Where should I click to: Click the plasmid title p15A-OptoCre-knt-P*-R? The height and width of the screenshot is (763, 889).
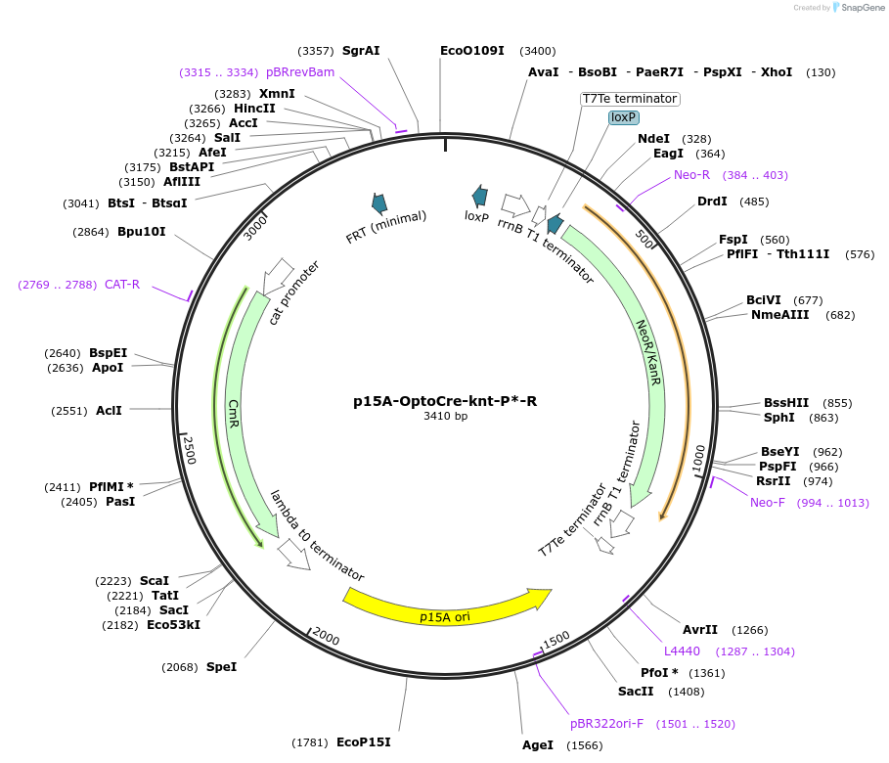pyautogui.click(x=445, y=401)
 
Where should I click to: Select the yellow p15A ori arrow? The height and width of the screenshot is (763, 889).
pyautogui.click(x=446, y=606)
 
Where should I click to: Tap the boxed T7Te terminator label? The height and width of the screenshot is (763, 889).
pyautogui.click(x=630, y=99)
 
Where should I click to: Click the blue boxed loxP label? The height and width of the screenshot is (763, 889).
pyautogui.click(x=623, y=117)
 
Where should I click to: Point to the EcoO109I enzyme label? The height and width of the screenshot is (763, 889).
pyautogui.click(x=472, y=51)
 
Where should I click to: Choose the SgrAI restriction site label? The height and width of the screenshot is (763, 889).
pyautogui.click(x=361, y=51)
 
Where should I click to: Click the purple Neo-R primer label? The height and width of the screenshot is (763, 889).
pyautogui.click(x=691, y=175)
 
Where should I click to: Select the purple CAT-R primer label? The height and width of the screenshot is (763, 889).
pyautogui.click(x=122, y=285)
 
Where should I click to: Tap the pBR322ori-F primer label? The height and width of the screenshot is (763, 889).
pyautogui.click(x=607, y=724)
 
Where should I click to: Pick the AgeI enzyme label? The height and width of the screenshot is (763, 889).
pyautogui.click(x=538, y=745)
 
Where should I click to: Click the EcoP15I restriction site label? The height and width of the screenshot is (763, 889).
pyautogui.click(x=364, y=742)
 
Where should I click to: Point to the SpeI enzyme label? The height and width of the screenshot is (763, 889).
pyautogui.click(x=221, y=667)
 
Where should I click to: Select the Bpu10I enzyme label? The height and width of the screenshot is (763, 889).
pyautogui.click(x=142, y=232)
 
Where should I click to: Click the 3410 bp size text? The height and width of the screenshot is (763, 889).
pyautogui.click(x=445, y=417)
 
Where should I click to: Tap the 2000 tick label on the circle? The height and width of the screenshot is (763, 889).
pyautogui.click(x=327, y=639)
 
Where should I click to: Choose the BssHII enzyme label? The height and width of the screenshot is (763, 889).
pyautogui.click(x=786, y=402)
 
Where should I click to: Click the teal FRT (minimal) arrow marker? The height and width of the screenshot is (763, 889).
pyautogui.click(x=378, y=202)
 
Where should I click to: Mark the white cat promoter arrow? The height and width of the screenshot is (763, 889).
pyautogui.click(x=279, y=270)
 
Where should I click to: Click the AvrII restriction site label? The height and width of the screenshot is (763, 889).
pyautogui.click(x=700, y=630)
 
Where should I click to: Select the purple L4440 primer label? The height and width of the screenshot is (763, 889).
pyautogui.click(x=682, y=651)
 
